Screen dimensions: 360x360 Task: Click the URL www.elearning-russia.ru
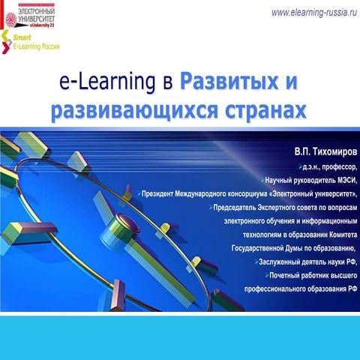tap(313, 13)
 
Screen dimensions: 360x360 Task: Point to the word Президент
tap(166, 194)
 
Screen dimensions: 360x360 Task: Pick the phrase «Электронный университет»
tap(308, 194)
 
